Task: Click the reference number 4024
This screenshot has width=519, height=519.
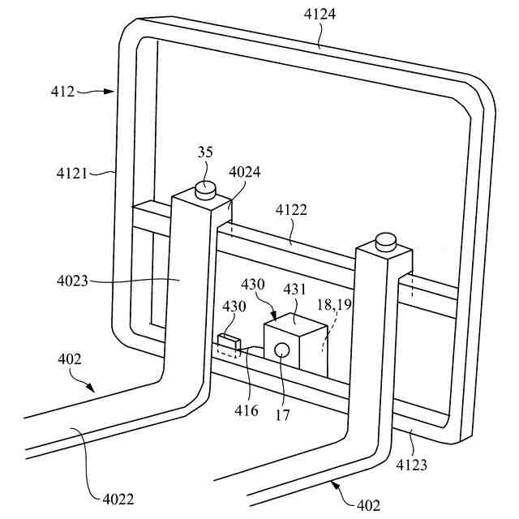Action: [246, 172]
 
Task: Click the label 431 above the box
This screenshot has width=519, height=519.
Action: [294, 289]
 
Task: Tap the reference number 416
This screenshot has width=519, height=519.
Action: [248, 411]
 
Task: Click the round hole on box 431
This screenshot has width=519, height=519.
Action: [281, 350]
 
